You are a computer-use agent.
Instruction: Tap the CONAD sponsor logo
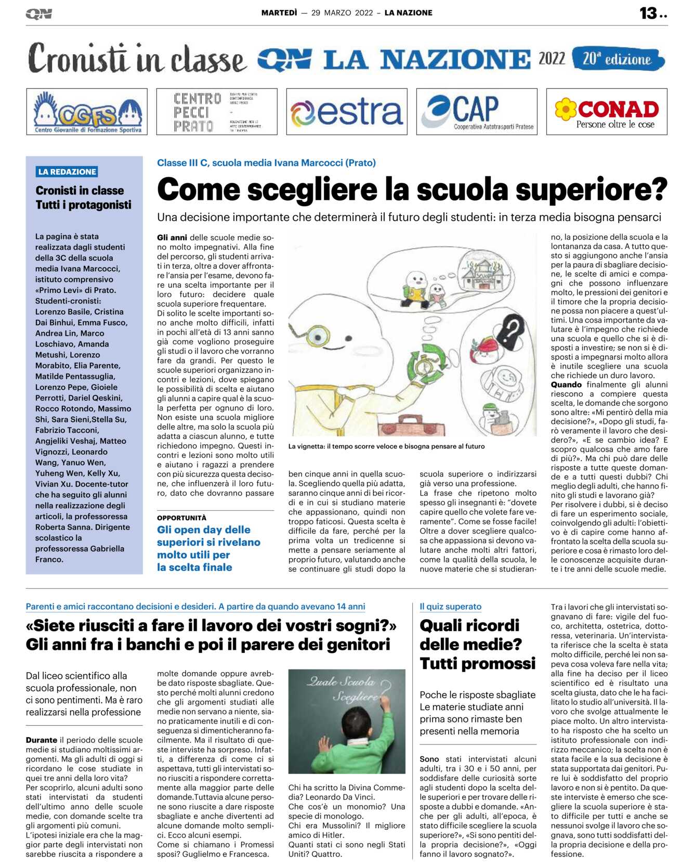click(607, 112)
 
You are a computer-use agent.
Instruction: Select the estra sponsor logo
click(346, 112)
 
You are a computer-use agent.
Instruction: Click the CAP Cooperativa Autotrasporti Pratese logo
click(477, 112)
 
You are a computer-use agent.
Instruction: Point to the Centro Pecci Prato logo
click(216, 112)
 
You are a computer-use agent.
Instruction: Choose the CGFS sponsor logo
click(87, 112)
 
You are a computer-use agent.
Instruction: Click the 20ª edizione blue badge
click(618, 59)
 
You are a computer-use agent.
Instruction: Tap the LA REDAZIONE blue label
click(67, 172)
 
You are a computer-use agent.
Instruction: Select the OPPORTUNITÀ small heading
click(181, 518)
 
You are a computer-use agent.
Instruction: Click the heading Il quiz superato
click(450, 607)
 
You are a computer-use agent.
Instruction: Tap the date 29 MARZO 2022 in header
click(342, 13)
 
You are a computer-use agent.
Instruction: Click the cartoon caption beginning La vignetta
click(386, 446)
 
